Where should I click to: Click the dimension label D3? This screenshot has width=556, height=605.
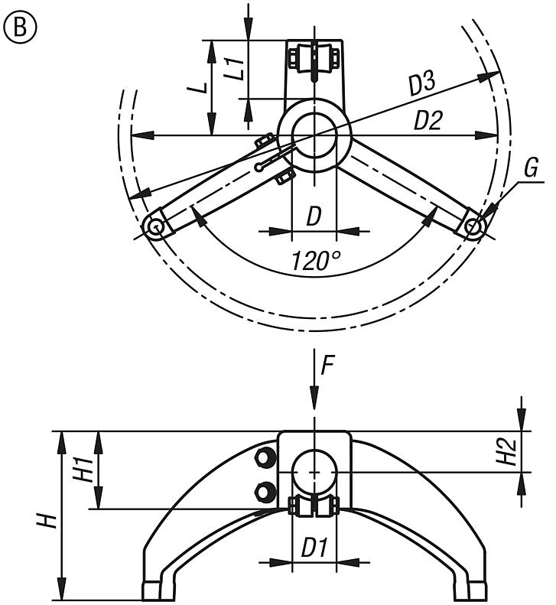(421, 83)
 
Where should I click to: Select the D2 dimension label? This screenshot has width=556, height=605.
(428, 120)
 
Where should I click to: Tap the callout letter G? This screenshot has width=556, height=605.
(531, 168)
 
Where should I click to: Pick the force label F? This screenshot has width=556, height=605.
(327, 365)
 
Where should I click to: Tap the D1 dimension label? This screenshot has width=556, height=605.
(314, 548)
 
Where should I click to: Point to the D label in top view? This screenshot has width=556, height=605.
(314, 217)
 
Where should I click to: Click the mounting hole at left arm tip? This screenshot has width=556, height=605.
(155, 226)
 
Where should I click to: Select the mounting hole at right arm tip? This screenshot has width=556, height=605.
(473, 226)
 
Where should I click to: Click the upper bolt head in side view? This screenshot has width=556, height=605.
(265, 458)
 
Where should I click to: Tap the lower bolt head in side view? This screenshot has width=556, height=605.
(265, 492)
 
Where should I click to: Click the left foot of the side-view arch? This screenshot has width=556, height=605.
(151, 590)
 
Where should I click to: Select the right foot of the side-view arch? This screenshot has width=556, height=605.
(477, 590)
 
